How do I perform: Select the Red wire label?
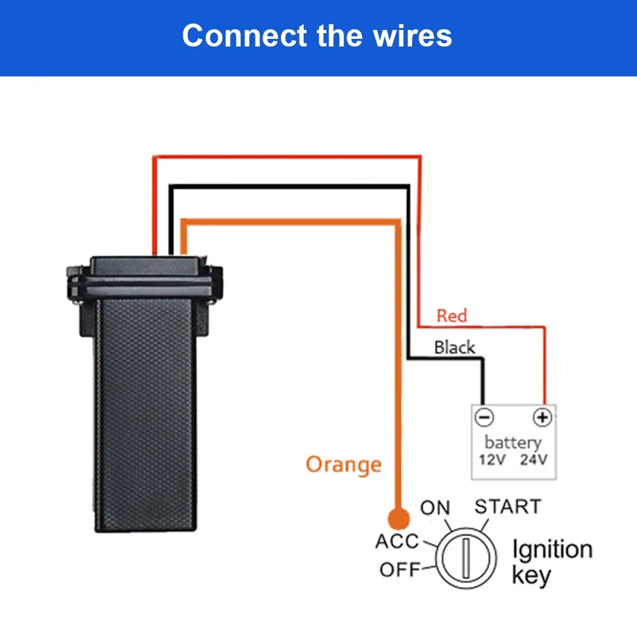click(452, 315)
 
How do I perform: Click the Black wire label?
click(454, 347)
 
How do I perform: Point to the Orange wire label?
click(343, 464)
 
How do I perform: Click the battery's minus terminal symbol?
click(484, 417)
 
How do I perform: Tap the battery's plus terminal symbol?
click(541, 417)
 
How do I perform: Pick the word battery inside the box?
click(513, 441)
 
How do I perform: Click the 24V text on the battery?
click(533, 459)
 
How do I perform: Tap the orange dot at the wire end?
click(399, 519)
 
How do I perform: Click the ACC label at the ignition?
click(397, 541)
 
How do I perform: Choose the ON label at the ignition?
click(435, 508)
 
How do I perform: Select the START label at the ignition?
click(508, 506)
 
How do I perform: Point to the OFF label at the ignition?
click(400, 569)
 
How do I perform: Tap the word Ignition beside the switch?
click(552, 550)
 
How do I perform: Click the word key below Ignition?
click(531, 576)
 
